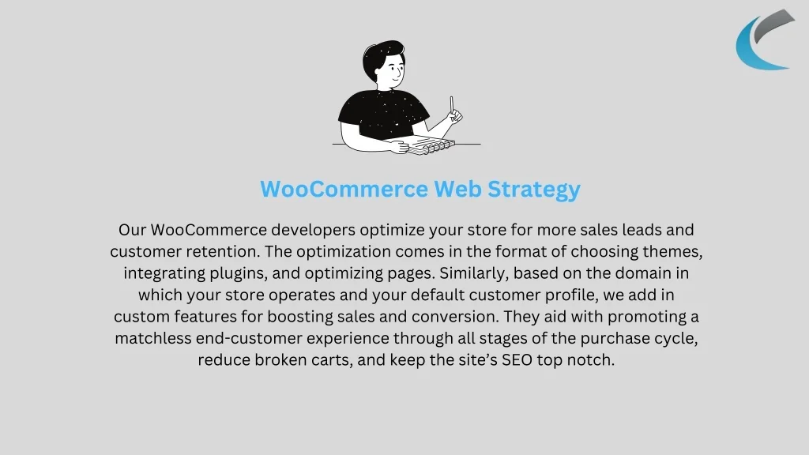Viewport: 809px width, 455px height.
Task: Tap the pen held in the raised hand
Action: [x=451, y=105]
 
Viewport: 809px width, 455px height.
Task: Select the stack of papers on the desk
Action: [x=431, y=145]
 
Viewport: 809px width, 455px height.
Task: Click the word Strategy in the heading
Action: [x=534, y=190]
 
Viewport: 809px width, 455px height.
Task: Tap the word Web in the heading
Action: [x=457, y=189]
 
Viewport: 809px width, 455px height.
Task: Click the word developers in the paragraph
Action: [x=313, y=230]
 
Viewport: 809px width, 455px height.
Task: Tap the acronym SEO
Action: [x=517, y=360]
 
